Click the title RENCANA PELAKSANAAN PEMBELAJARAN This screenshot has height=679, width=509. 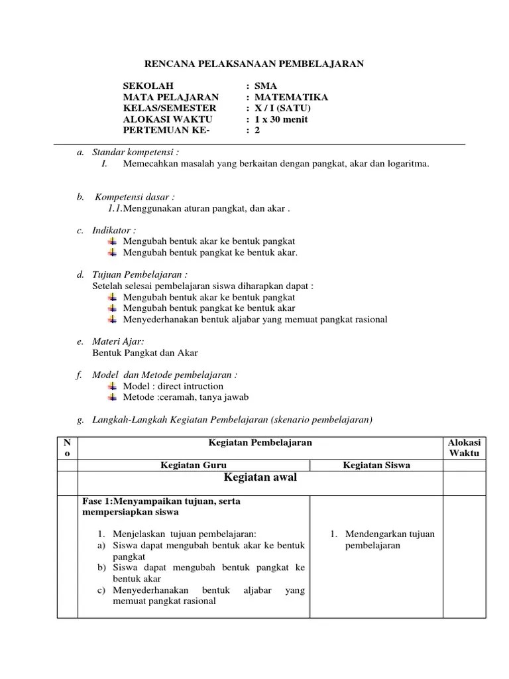254,64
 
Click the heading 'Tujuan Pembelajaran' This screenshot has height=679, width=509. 139,275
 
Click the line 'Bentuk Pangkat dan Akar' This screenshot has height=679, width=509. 145,353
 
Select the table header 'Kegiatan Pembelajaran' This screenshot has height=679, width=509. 260,442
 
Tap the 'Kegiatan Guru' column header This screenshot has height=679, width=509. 194,465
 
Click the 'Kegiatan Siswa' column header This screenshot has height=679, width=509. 376,465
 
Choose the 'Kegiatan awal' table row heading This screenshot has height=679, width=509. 260,478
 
